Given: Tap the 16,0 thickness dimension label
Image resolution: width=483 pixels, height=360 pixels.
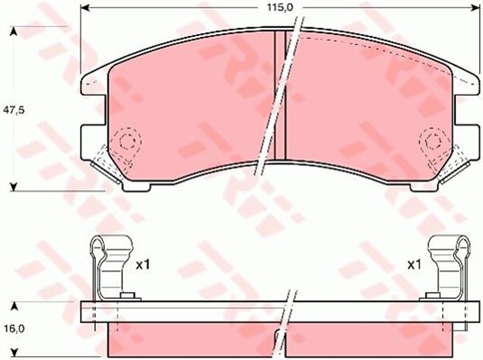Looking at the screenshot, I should tap(16, 329).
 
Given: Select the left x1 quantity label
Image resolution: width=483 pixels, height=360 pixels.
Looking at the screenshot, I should tap(144, 265).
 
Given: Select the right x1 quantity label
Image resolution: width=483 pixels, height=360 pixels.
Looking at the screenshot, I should tap(414, 265).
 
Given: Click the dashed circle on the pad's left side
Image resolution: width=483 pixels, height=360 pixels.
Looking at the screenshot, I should tap(125, 142).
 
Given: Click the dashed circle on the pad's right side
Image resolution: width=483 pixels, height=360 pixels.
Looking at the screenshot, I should tap(432, 141).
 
